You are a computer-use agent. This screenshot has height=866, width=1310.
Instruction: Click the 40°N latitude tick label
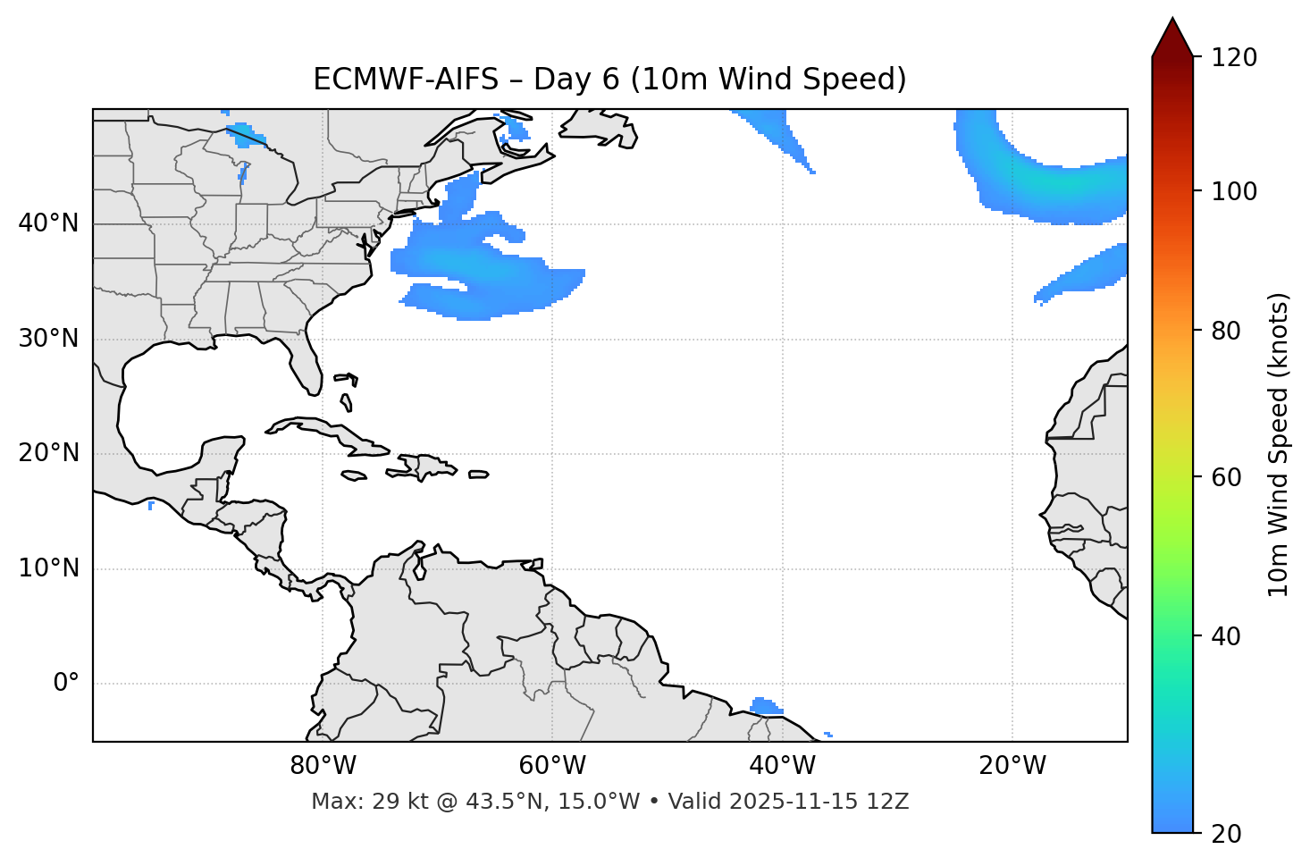[48, 223]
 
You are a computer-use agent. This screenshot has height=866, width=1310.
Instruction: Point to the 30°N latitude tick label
[48, 339]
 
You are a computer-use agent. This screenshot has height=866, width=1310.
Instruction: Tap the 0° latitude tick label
[66, 684]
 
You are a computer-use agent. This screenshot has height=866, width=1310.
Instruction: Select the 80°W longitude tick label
[323, 766]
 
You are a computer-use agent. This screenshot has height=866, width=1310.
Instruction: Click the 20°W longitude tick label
[1012, 766]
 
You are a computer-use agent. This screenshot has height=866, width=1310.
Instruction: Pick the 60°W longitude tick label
[552, 766]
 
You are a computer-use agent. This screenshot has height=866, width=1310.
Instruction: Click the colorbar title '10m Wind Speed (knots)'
[1279, 445]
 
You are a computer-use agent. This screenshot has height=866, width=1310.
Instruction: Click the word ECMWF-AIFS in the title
[405, 80]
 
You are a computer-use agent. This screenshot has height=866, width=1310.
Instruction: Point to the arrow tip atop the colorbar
[1172, 20]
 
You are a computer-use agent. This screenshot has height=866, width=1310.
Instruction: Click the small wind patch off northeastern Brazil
[764, 707]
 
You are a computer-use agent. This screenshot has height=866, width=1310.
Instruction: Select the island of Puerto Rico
[478, 475]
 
